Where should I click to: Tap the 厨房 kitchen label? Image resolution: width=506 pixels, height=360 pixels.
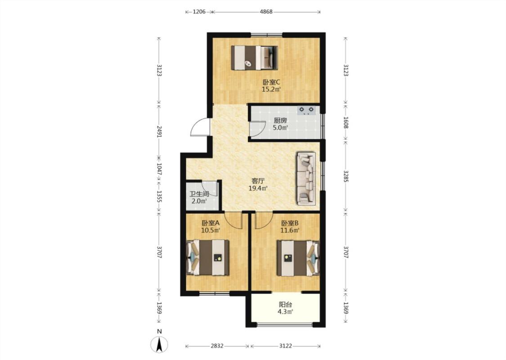point(280,121)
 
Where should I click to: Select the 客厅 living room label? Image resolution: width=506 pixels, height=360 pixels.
point(258,181)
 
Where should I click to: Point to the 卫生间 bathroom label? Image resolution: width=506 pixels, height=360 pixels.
point(199,194)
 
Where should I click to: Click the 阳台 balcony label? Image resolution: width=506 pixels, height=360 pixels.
point(285,305)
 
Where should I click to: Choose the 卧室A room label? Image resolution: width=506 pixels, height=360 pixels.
point(210,223)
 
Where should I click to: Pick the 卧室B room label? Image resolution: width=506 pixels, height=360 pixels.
point(290,223)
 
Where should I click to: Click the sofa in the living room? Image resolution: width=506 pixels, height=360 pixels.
point(306,179)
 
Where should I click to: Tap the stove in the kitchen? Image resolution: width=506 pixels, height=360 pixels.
point(306,111)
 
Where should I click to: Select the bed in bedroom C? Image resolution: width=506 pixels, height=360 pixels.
point(255,58)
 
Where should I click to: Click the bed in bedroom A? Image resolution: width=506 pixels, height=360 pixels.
point(208,258)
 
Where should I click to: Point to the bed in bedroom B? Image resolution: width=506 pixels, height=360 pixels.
point(298,258)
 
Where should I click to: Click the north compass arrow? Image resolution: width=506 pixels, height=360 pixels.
point(159,344)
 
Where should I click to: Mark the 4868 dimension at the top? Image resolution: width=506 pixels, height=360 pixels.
point(266,12)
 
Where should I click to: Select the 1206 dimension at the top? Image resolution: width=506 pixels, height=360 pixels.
point(199,12)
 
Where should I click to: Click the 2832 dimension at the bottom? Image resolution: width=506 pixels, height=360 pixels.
point(217,346)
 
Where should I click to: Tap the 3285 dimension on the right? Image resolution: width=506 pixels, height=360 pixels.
point(345,176)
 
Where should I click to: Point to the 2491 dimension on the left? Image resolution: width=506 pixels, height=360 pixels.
point(159,132)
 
